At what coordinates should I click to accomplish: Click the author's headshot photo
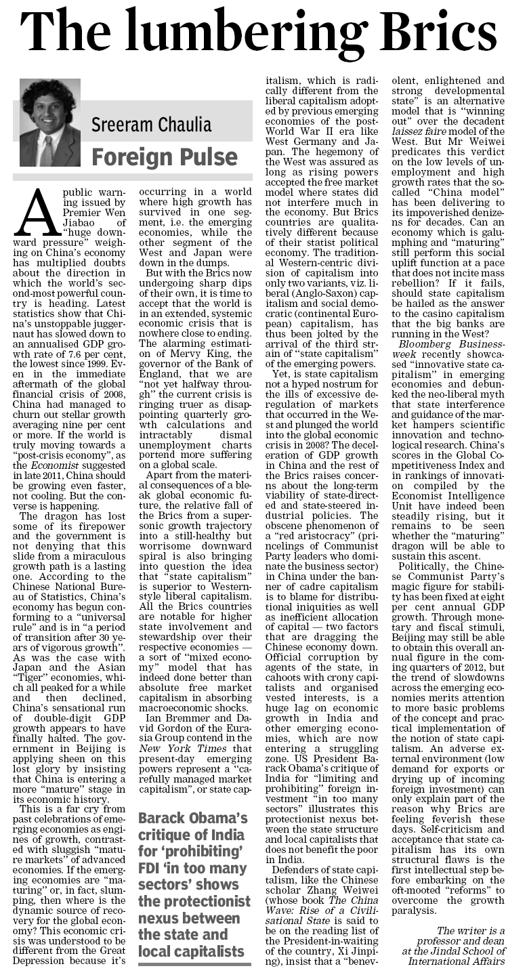coord(50,123)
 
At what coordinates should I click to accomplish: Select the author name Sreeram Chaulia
coord(151,124)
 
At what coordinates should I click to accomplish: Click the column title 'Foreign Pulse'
coord(165,157)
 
